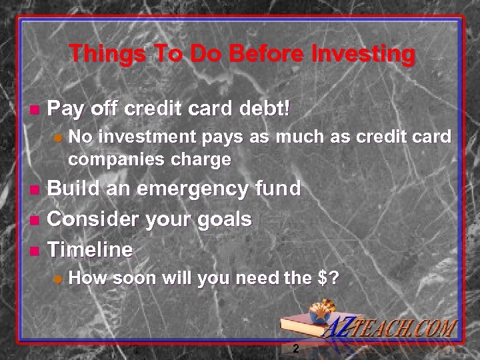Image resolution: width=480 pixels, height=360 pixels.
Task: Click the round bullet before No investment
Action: pyautogui.click(x=58, y=138)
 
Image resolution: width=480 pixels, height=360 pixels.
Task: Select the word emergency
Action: pyautogui.click(x=192, y=190)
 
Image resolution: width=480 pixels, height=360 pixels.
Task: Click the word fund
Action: pyautogui.click(x=278, y=189)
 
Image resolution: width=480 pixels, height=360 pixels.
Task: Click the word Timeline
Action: pyautogui.click(x=90, y=250)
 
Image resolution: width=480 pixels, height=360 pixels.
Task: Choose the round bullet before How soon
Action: pyautogui.click(x=58, y=280)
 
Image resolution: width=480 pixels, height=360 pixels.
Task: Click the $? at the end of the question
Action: pyautogui.click(x=327, y=279)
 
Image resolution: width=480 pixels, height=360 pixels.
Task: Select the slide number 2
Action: pyautogui.click(x=295, y=349)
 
